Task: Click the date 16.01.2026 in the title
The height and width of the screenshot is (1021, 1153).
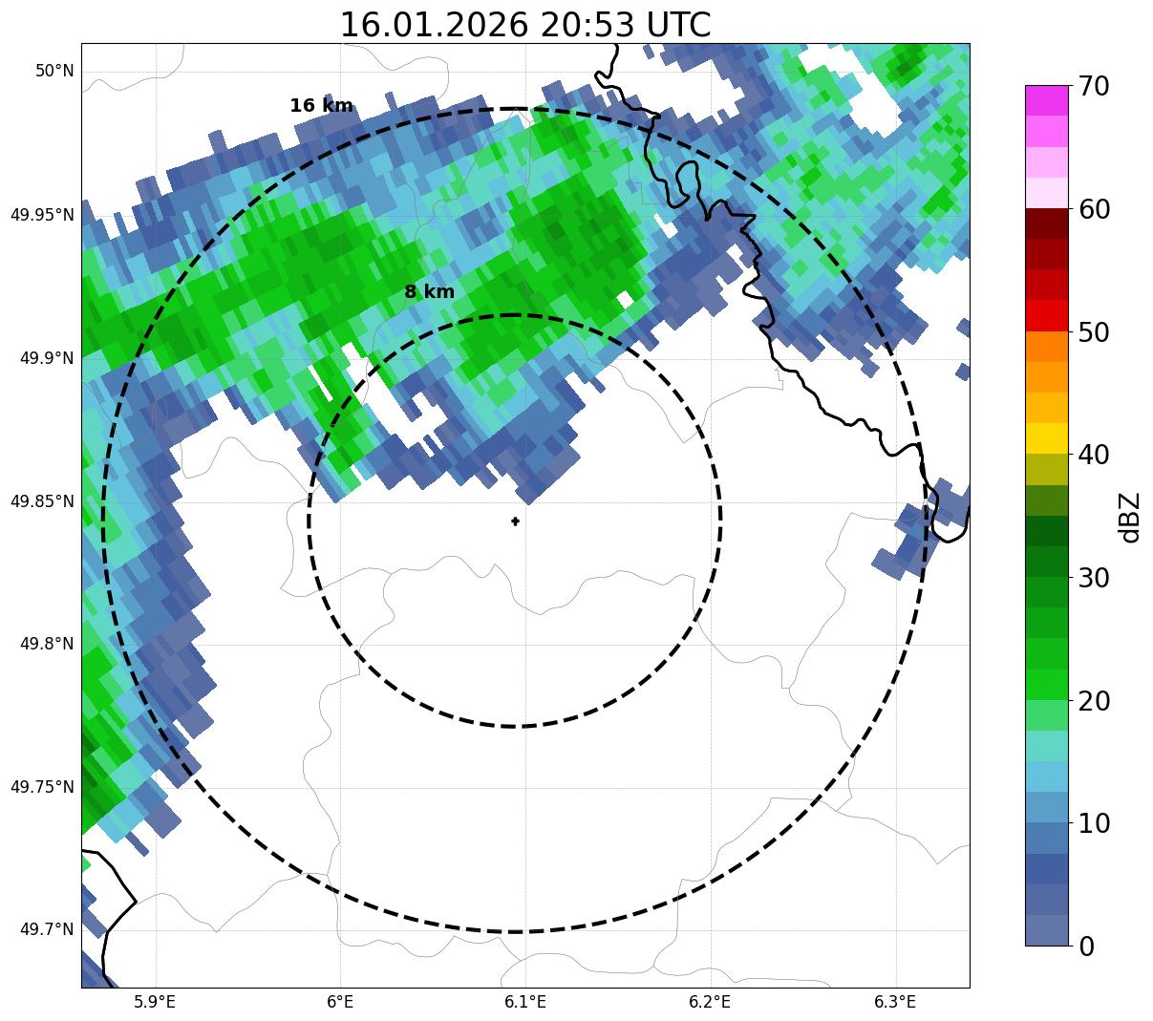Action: tap(433, 25)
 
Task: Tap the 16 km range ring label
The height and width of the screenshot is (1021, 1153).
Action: tap(321, 106)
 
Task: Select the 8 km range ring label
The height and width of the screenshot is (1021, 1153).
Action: tap(429, 292)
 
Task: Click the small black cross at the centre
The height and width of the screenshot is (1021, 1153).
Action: tap(516, 521)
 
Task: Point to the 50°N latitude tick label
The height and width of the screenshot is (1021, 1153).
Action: tap(54, 72)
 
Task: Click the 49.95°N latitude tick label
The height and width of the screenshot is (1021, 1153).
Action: tap(42, 215)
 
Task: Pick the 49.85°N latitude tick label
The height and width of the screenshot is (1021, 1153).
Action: tap(42, 501)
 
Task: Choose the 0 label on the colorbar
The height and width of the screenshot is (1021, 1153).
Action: tap(1086, 947)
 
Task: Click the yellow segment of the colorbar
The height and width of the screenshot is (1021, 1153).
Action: tap(1046, 438)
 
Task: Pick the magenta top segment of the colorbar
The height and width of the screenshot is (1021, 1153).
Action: tap(1046, 100)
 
